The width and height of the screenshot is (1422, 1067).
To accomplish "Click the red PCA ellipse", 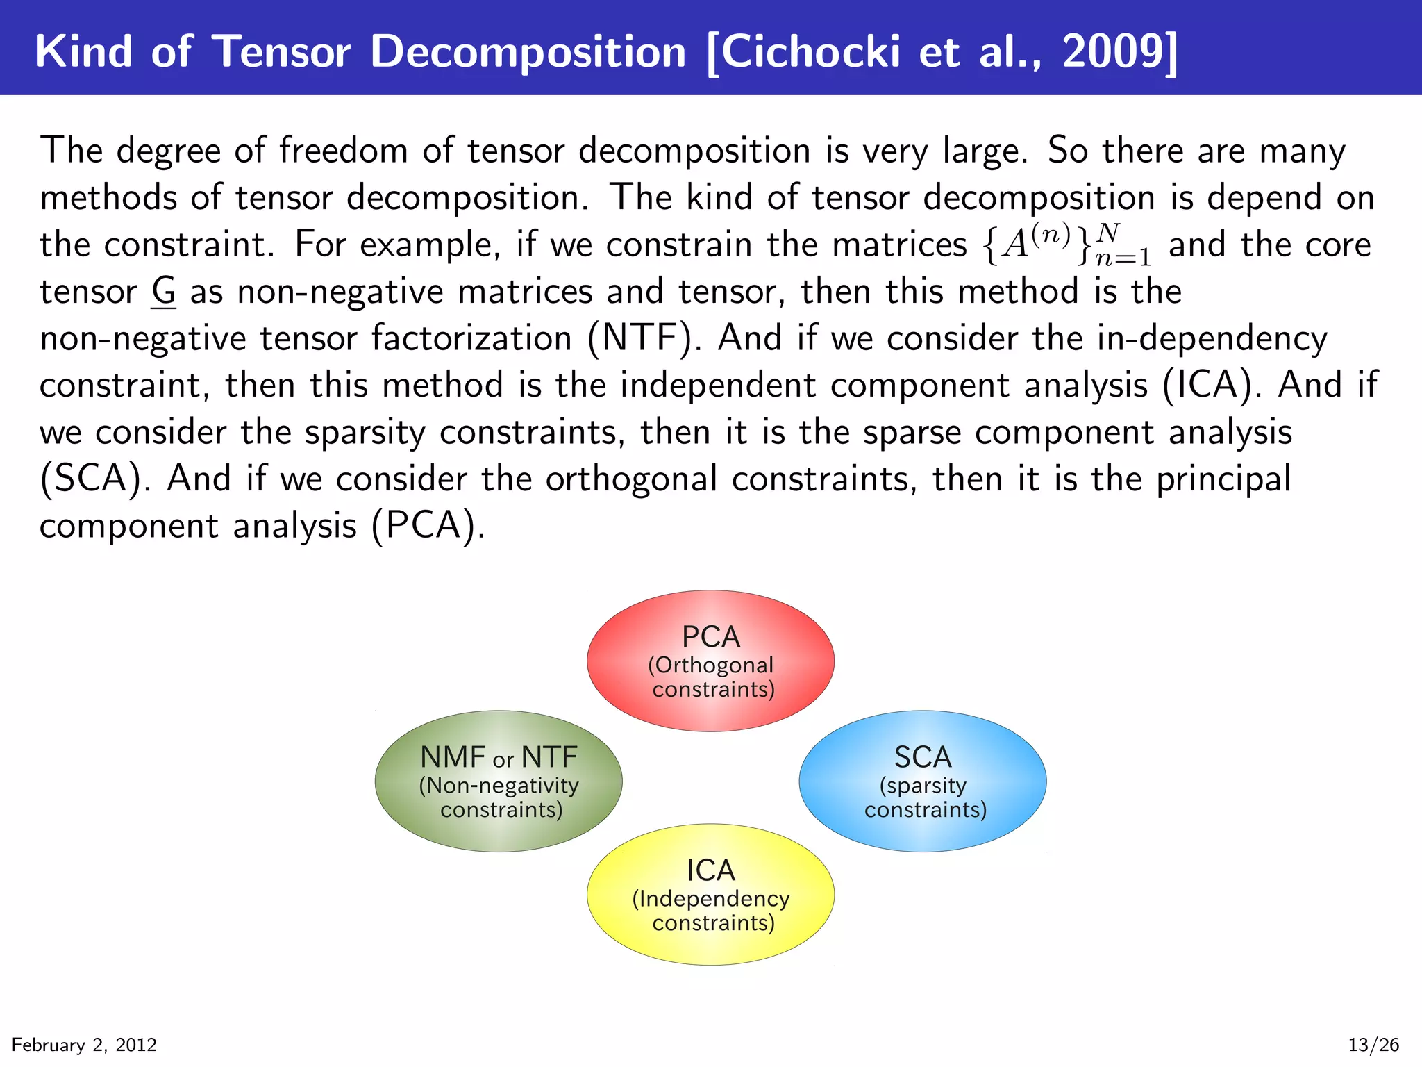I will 710,661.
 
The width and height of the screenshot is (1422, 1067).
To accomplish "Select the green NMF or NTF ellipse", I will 499,781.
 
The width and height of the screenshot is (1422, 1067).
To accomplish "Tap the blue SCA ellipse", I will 923,781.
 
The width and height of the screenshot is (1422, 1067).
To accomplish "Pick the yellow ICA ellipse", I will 710,894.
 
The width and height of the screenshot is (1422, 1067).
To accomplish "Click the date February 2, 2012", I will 84,1045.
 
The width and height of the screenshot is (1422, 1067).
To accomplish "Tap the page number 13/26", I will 1373,1045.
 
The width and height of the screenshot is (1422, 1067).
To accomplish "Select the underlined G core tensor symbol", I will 164,292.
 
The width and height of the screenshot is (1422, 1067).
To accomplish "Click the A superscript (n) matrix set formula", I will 1067,245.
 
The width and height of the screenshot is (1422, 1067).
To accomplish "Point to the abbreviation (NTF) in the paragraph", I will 639,338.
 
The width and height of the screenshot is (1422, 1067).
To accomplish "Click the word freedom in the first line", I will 344,151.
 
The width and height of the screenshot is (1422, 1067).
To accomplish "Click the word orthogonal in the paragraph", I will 631,479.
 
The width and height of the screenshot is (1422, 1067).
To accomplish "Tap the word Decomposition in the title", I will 528,51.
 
